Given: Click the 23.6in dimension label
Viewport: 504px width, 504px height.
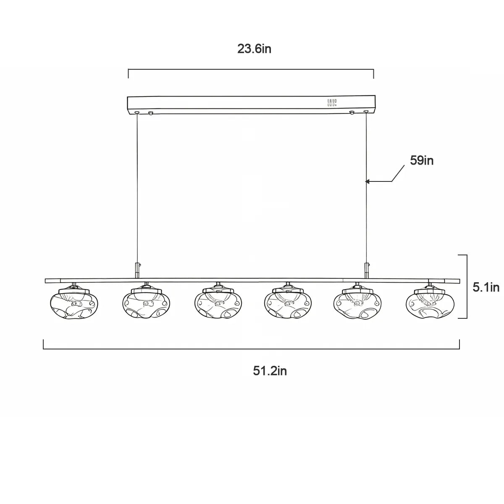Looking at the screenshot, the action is tap(254, 49).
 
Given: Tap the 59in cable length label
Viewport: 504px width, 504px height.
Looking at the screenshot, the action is tap(422, 160).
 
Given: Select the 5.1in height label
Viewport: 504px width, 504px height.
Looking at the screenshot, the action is tap(486, 287).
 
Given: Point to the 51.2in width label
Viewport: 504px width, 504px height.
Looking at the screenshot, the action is tap(270, 371).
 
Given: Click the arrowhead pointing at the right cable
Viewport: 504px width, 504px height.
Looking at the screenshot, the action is tap(367, 181).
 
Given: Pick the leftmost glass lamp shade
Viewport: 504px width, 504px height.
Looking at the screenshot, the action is tap(74, 303).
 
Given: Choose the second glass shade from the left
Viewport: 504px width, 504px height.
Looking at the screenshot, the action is tap(146, 303).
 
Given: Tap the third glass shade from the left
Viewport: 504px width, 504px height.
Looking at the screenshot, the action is tap(218, 303).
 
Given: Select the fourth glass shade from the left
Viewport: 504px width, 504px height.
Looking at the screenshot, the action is tap(288, 303).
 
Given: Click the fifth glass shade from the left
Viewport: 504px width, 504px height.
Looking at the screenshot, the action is tap(357, 303).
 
